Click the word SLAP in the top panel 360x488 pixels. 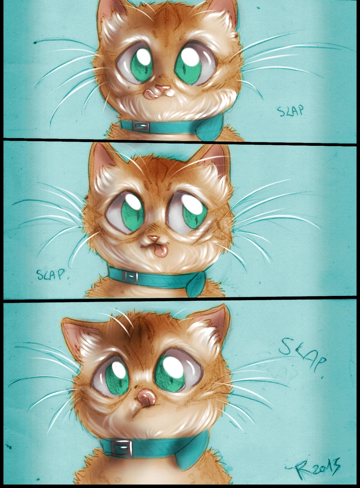pyautogui.click(x=290, y=111)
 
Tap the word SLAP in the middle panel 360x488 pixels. pyautogui.click(x=51, y=274)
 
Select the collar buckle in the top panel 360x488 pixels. pyautogui.click(x=141, y=126)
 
